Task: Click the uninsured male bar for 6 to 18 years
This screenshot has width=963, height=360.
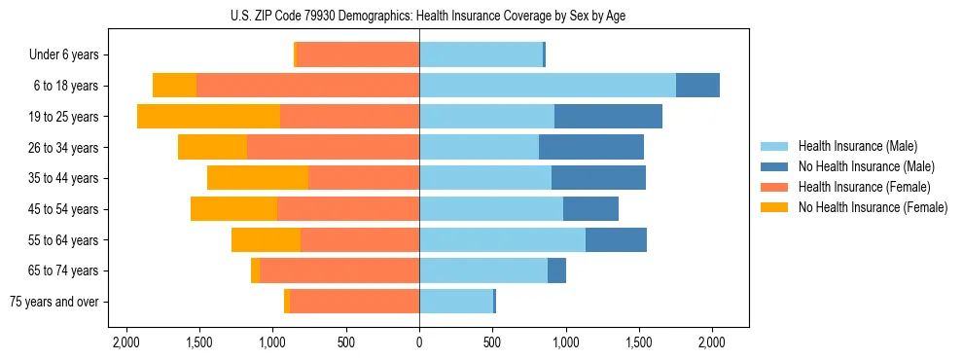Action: (697, 86)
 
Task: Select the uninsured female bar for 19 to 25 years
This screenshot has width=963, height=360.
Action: (208, 117)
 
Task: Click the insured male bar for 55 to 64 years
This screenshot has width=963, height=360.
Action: (502, 240)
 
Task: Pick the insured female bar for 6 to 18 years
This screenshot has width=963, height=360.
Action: (307, 86)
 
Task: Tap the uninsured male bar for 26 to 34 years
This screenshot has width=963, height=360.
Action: (591, 148)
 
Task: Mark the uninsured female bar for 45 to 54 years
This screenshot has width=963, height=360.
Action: (233, 209)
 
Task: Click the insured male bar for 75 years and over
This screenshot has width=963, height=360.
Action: (456, 302)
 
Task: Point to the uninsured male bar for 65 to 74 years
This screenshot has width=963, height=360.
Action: (556, 270)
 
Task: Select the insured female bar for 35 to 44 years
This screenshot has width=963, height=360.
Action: (364, 178)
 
